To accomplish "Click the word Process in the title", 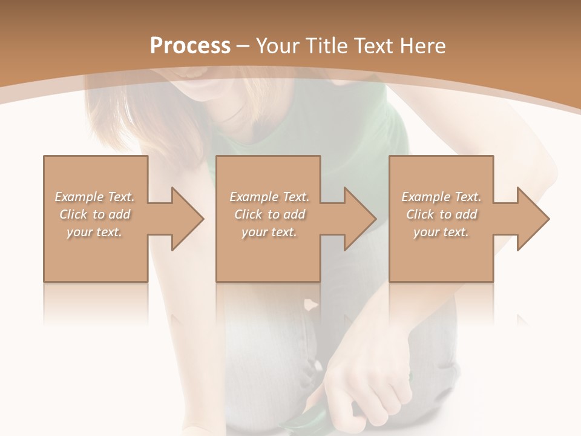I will click(x=190, y=46).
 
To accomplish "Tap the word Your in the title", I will click(x=279, y=46).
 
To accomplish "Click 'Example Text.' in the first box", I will click(x=94, y=197).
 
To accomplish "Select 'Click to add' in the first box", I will click(x=94, y=214).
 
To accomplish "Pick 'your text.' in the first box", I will click(x=94, y=232).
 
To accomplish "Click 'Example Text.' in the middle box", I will click(x=269, y=197).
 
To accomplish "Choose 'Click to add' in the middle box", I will click(x=269, y=214).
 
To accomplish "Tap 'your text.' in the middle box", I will click(x=269, y=232).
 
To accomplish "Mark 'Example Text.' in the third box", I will click(x=441, y=197).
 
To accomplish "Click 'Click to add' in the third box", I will click(x=441, y=214).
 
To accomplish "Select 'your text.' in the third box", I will click(x=441, y=232).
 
